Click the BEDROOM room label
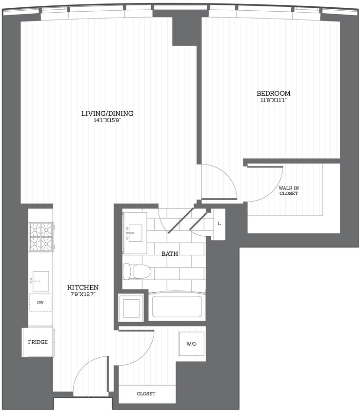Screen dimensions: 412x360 click(274, 93)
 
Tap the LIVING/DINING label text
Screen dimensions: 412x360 click(107, 113)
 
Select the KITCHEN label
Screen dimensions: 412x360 click(83, 288)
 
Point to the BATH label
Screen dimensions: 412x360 click(170, 253)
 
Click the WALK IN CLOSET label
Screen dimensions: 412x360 click(288, 190)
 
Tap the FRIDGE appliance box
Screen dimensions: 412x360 click(38, 342)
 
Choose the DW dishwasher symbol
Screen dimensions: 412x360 click(40, 303)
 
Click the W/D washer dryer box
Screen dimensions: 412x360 click(191, 344)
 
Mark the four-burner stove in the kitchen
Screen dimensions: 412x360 click(41, 236)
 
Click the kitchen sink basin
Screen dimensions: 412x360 click(41, 281)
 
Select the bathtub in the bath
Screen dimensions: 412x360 click(177, 307)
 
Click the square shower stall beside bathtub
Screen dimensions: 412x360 click(132, 308)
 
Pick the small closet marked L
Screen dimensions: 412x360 click(219, 224)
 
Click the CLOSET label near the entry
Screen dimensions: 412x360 click(146, 393)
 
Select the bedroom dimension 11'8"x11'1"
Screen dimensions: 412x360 click(274, 101)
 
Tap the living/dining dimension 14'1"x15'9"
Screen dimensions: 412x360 click(107, 121)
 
